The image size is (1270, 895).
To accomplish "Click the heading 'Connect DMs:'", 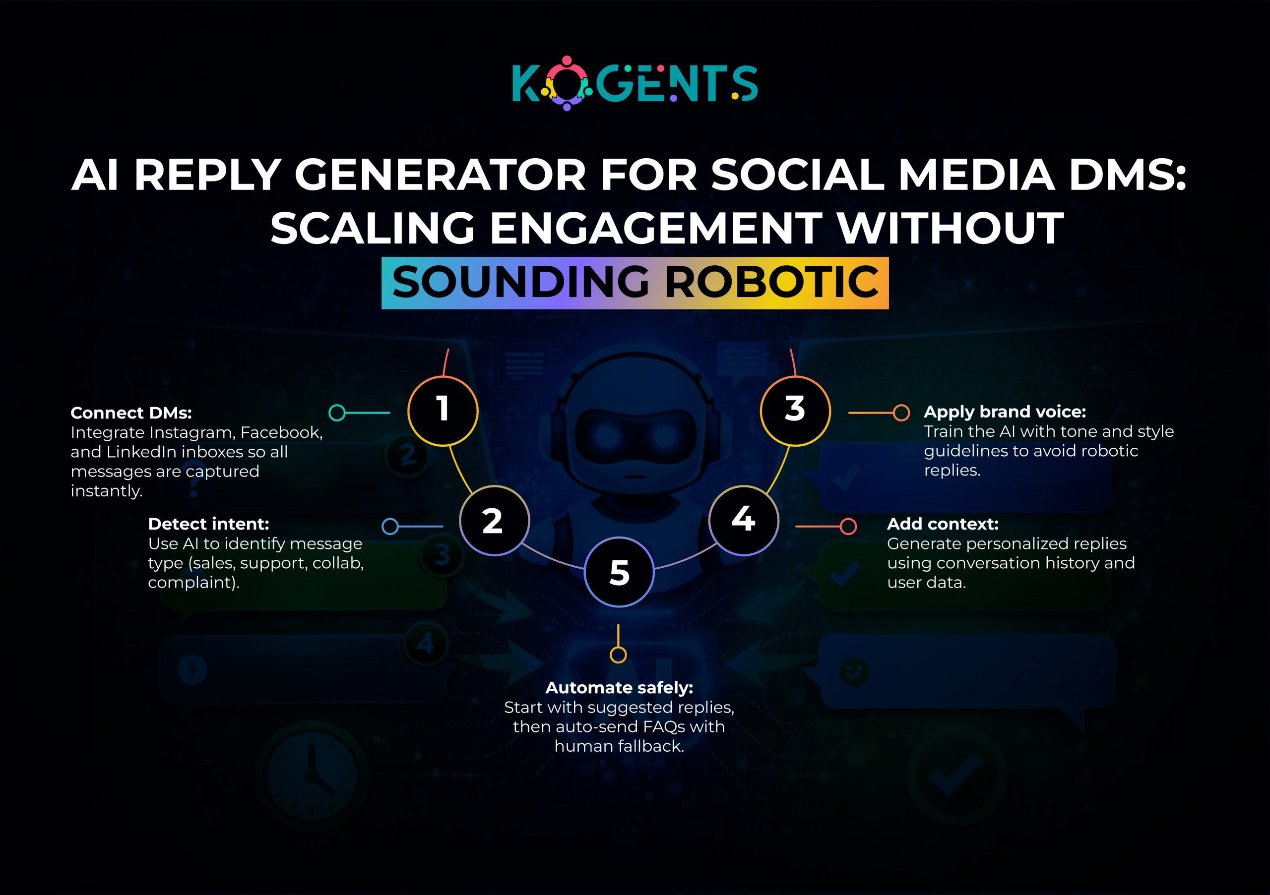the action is coord(131,413).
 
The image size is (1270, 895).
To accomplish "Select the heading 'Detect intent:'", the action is coord(208,524).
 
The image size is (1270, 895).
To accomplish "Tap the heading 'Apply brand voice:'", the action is coord(1005,412).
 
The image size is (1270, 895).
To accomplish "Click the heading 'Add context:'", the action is coord(943,524).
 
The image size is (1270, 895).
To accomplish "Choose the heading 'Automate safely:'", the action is coord(619,688).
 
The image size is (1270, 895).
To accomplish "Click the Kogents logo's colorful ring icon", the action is coord(567,83).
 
